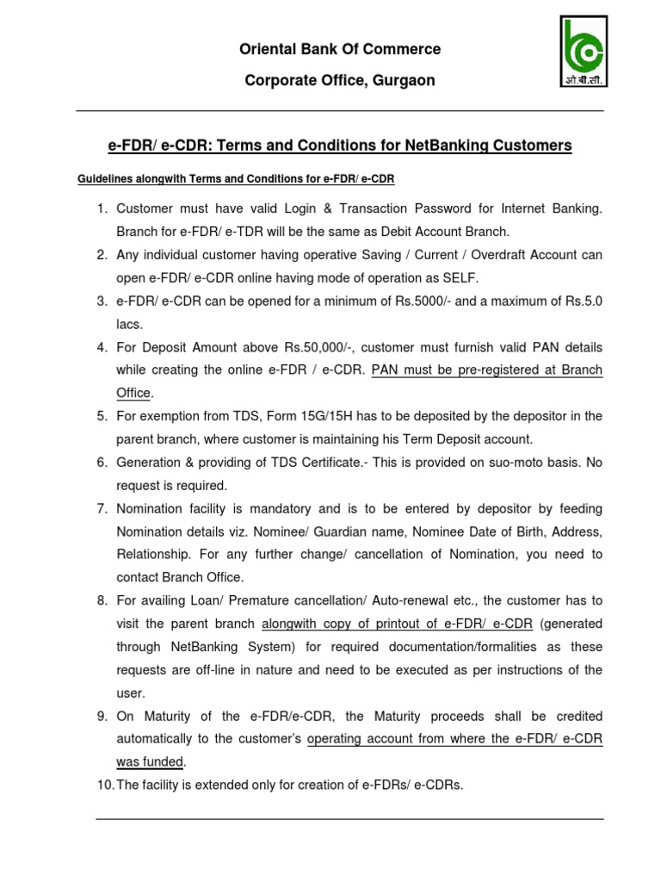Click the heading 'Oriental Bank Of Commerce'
tap(340, 49)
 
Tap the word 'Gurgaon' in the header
tap(405, 80)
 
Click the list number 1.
tap(101, 208)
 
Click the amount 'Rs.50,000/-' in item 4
tap(315, 348)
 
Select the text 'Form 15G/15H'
tap(284, 417)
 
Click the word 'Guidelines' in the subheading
tap(102, 178)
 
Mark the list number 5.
tap(101, 417)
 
